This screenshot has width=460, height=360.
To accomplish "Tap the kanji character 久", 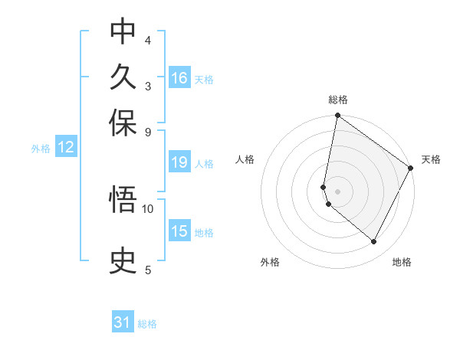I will pos(123,77).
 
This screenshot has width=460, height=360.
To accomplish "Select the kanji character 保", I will pos(123,123).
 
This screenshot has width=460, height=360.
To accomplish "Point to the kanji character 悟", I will pos(123,200).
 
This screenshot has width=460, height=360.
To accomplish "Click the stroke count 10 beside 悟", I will pos(148,208).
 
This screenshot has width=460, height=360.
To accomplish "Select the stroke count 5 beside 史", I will pos(148,270).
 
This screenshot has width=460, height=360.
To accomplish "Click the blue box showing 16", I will pos(179,78).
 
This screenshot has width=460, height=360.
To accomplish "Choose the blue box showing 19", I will pos(179,162).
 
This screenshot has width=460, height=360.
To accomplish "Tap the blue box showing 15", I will pos(179,231).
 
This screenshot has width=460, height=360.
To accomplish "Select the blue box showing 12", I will pos(66,148).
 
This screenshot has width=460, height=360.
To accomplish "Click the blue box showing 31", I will pos(123,322).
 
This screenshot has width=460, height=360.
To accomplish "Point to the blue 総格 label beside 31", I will pos(147,324).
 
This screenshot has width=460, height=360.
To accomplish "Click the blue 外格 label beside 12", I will pos(41,149).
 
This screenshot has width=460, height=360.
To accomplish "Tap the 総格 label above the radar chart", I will pos(338,100).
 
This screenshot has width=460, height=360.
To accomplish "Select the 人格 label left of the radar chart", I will pos(245,159).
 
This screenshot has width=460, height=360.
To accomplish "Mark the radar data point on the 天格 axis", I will pos(411,168).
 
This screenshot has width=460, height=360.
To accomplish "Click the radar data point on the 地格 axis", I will pos(374,242).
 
